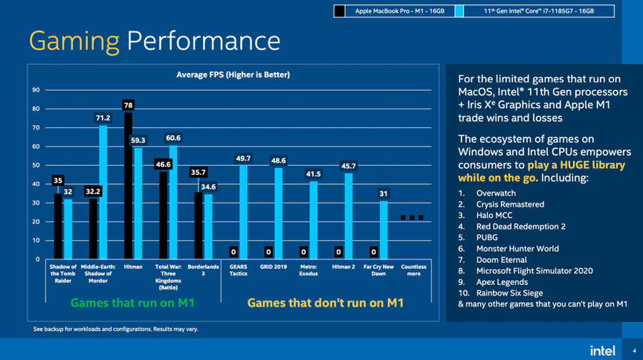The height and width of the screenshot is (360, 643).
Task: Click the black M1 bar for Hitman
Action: [128, 186]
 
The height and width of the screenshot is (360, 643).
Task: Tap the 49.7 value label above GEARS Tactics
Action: [243, 158]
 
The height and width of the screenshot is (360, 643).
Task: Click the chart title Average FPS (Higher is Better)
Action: [233, 74]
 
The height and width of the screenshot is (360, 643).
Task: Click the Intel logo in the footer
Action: [602, 350]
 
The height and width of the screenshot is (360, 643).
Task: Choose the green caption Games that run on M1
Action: [132, 303]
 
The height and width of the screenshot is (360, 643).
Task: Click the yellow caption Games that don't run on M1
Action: [325, 303]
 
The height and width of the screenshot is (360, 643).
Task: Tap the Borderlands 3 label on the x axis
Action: [204, 270]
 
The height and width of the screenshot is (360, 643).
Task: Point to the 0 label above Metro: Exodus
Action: [304, 251]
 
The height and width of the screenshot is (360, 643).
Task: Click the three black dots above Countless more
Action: [413, 217]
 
